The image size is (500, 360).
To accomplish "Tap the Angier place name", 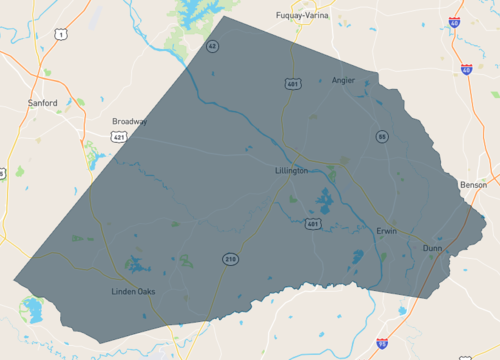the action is click(343, 81).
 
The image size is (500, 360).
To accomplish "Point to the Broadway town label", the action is click(130, 121).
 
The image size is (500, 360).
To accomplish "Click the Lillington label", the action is click(291, 171).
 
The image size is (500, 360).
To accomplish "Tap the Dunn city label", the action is click(432, 247).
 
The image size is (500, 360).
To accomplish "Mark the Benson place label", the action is click(473, 185).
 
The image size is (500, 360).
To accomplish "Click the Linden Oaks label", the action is click(133, 292).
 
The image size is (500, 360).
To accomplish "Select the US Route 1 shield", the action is click(61, 35).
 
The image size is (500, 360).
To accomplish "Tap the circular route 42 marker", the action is click(212, 46).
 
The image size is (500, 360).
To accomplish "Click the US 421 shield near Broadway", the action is click(118, 137).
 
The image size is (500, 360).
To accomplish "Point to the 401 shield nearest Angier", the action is click(288, 83).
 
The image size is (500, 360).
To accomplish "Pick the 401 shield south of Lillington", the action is click(313, 225).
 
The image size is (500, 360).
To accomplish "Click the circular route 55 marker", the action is click(382, 136).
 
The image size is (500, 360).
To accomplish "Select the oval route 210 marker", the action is click(231, 259).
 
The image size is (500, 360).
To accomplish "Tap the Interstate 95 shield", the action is click(382, 343).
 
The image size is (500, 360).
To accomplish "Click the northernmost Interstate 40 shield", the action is click(455, 22).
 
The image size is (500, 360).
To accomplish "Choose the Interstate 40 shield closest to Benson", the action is click(467, 70).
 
